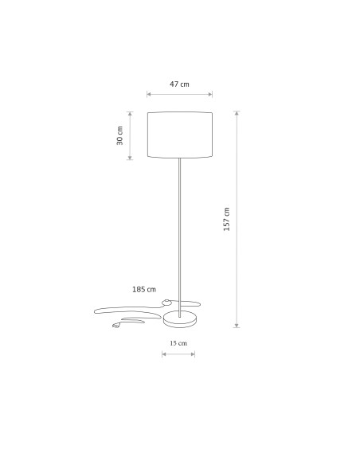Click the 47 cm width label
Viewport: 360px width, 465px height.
[179, 84]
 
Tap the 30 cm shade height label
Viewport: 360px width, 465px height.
[119, 135]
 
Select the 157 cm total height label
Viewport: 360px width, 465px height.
[226, 219]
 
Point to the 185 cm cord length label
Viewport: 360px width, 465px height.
[144, 289]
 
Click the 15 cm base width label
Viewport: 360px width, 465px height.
[178, 343]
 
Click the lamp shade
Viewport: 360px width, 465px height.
[180, 135]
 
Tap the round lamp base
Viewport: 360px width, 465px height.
[180, 319]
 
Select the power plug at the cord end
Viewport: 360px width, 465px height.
[116, 326]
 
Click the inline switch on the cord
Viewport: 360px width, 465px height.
[166, 303]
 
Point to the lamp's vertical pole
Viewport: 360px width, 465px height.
[179, 237]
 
